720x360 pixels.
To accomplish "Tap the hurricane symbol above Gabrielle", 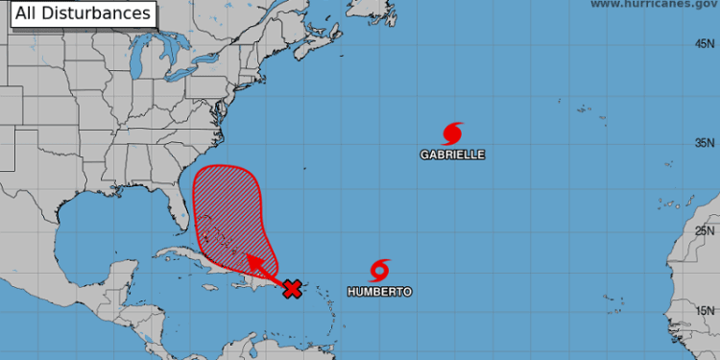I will tap(453, 132).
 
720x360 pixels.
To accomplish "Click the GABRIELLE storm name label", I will tap(452, 154).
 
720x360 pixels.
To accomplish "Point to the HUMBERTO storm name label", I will tap(381, 291).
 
